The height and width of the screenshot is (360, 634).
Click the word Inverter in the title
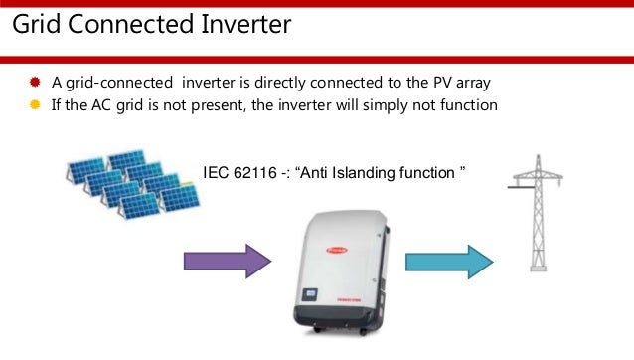click(238, 24)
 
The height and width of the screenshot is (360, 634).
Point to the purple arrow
click(227, 262)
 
